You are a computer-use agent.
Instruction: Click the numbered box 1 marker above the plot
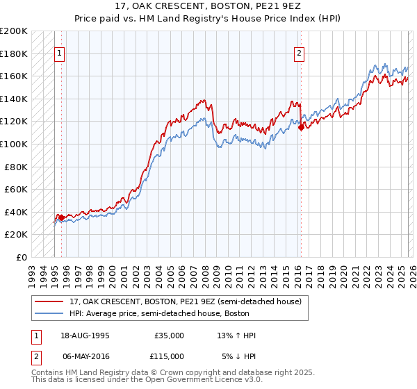[x=60, y=53]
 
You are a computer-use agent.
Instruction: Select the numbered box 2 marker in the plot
[x=300, y=53]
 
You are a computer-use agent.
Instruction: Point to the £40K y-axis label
[x=16, y=212]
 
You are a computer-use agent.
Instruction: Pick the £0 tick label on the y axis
[x=22, y=257]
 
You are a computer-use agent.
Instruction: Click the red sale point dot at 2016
[x=301, y=127]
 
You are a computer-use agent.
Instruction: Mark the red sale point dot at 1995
[x=61, y=217]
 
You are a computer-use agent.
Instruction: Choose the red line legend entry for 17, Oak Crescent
[x=185, y=302]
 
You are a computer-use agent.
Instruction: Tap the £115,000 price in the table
[x=169, y=356]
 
